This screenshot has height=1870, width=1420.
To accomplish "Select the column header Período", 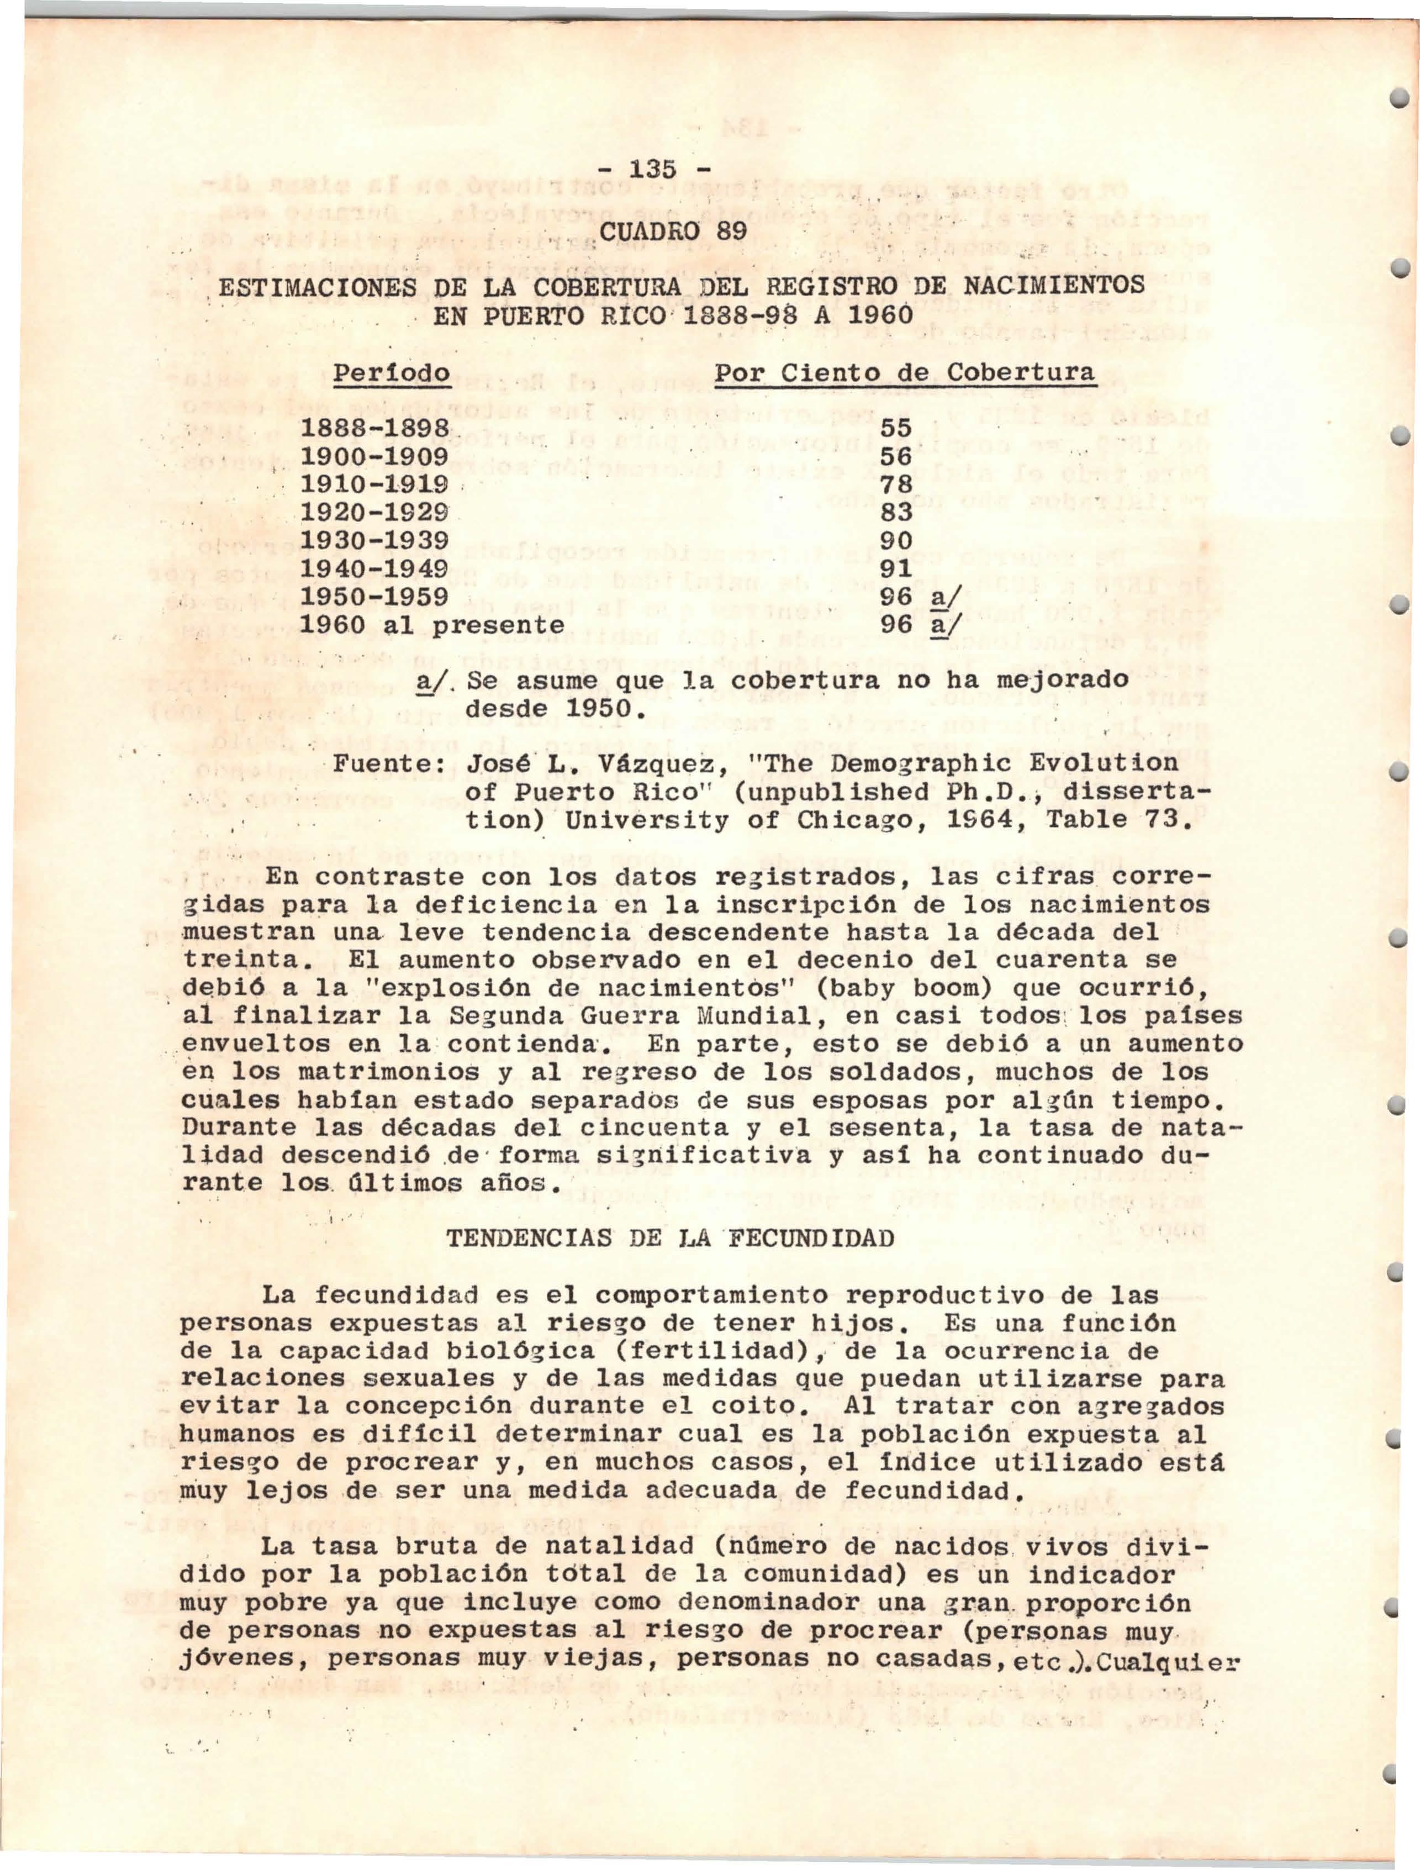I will [x=392, y=373].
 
